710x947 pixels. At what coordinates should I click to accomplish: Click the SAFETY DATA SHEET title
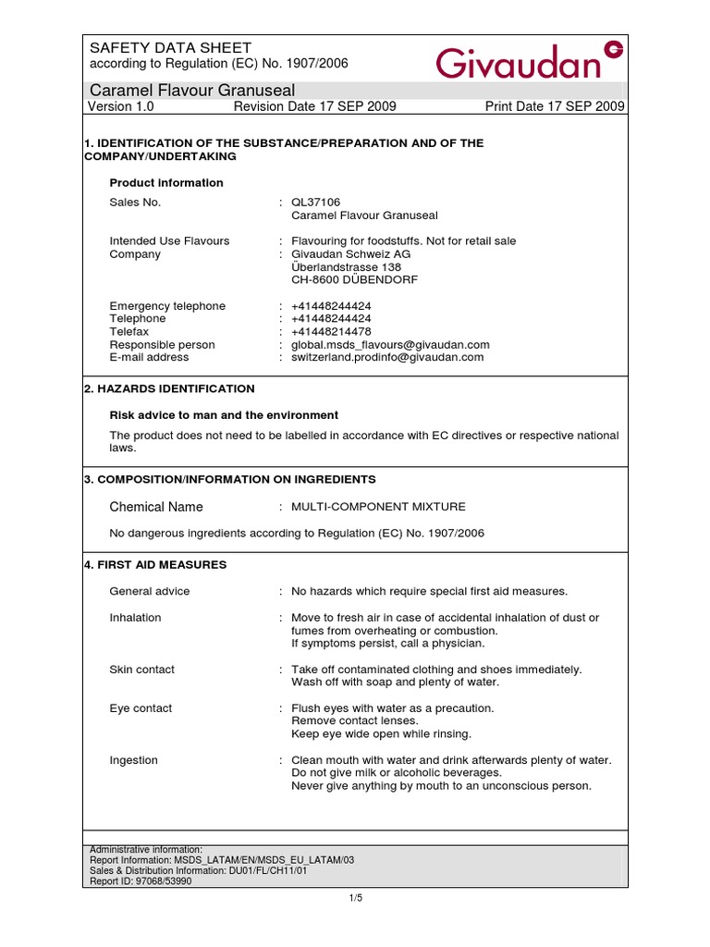pos(170,48)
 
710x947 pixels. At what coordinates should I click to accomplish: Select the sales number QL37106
pos(316,203)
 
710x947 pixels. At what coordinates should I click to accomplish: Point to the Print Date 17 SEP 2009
pos(555,106)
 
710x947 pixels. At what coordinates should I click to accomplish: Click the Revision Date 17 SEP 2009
pos(315,106)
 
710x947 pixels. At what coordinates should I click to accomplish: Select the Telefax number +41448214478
pos(331,331)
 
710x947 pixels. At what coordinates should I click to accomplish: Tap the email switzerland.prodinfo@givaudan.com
pos(387,357)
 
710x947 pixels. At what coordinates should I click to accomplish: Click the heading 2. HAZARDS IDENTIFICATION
pos(169,388)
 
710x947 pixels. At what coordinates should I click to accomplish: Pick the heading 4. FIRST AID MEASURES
pos(155,564)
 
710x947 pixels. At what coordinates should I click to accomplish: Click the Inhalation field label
pos(135,618)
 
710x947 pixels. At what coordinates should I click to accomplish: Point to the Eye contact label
pos(141,708)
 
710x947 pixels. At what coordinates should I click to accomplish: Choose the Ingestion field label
pos(134,760)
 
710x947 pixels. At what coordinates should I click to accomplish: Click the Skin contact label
pos(141,670)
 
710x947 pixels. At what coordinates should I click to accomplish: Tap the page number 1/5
pos(355,898)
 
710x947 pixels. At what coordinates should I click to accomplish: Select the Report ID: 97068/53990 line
pos(141,881)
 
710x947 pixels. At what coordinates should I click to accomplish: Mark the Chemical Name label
pos(156,507)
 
